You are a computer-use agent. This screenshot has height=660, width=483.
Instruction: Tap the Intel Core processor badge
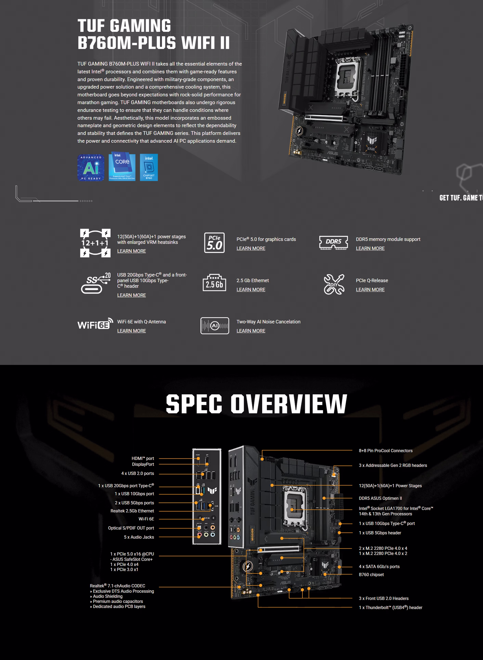122,166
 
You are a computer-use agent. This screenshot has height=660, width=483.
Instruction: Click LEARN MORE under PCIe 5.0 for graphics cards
251,248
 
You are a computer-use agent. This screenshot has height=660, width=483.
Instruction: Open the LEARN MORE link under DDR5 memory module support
370,248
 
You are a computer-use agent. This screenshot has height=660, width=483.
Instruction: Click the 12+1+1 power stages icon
95,243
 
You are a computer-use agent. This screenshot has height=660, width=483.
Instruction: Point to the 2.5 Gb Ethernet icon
214,283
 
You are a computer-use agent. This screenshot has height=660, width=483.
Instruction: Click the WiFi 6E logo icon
95,324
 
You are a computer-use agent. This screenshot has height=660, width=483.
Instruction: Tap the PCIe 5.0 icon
214,243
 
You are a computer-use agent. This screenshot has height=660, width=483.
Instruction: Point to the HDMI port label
143,458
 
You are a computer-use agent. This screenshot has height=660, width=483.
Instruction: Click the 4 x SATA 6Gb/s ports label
379,567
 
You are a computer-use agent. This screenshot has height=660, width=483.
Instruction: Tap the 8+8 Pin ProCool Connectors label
386,451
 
